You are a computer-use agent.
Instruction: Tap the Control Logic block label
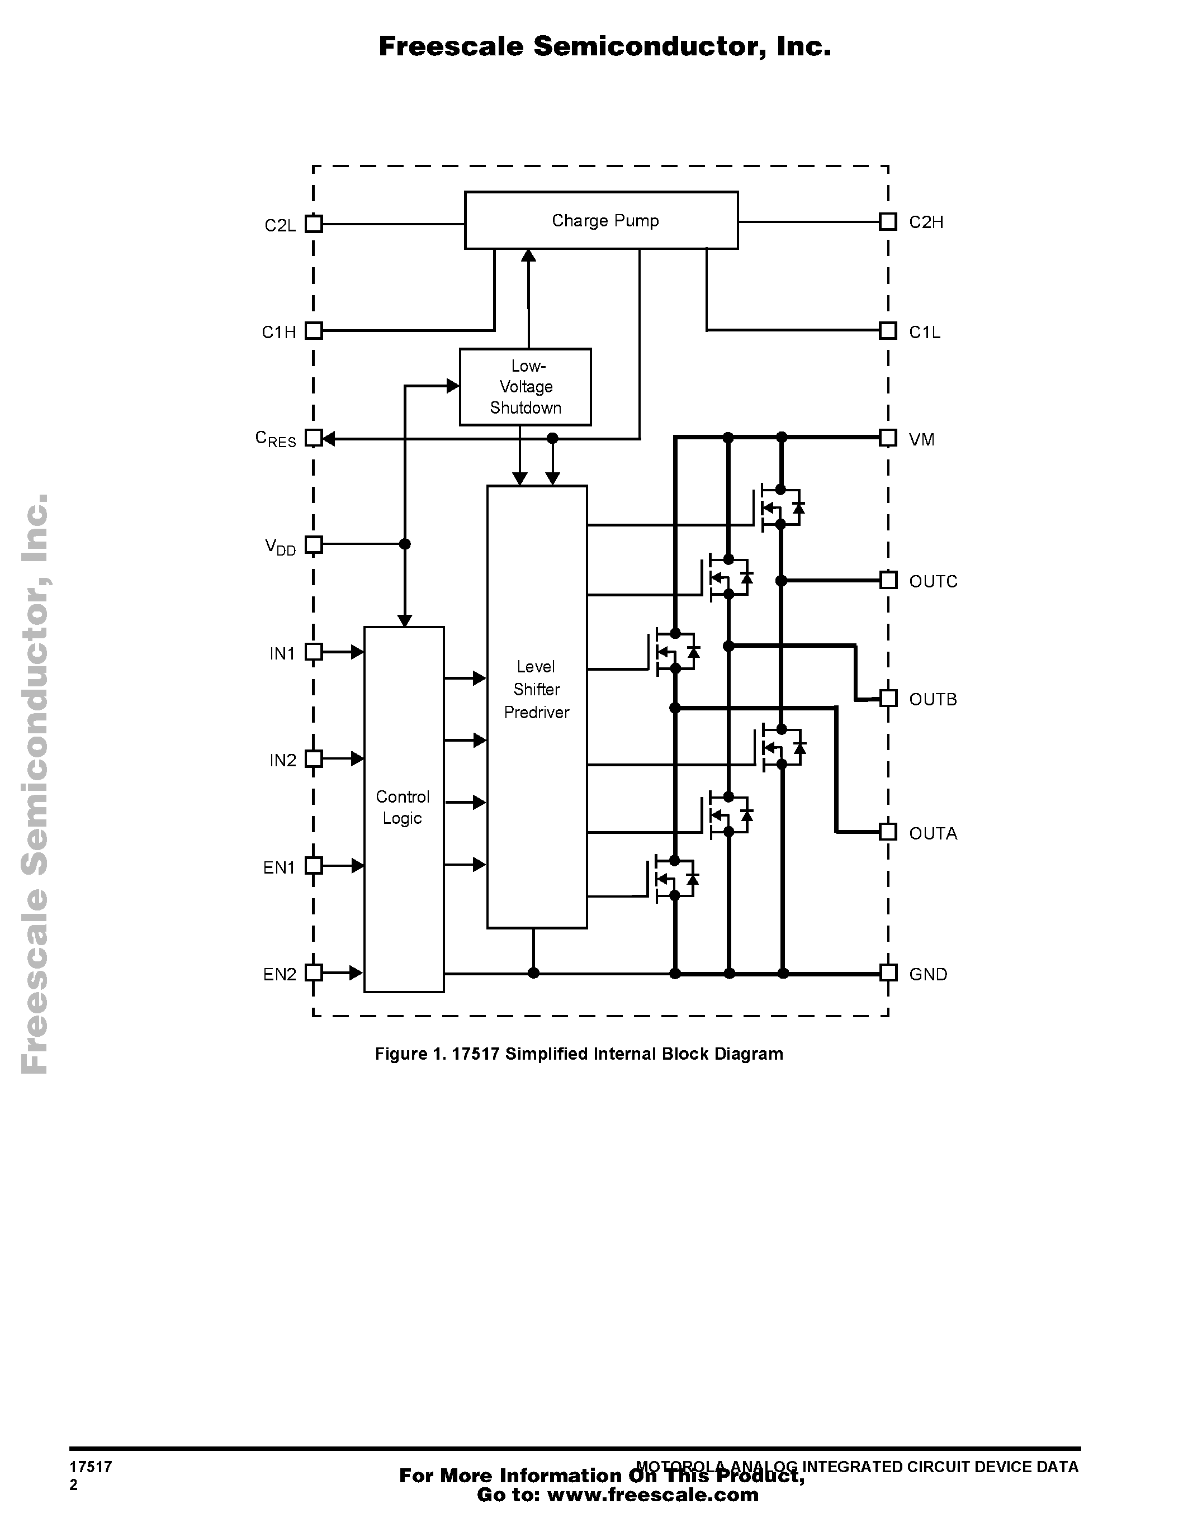403,807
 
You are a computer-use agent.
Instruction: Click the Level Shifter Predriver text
536,689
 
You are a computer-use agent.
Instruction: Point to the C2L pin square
314,224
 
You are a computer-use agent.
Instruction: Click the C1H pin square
314,331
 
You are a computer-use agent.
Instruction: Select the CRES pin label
275,439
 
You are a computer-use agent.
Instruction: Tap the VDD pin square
314,544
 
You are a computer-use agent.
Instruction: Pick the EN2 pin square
314,973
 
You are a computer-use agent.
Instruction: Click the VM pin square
888,438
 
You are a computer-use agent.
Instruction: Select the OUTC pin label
933,581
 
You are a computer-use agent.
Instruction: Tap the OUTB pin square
888,698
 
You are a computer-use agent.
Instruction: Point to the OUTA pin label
933,833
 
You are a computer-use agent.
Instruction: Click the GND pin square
888,973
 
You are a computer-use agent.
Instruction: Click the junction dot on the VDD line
405,544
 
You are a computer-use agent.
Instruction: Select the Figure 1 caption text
579,1054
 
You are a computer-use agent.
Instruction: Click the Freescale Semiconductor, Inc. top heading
604,46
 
